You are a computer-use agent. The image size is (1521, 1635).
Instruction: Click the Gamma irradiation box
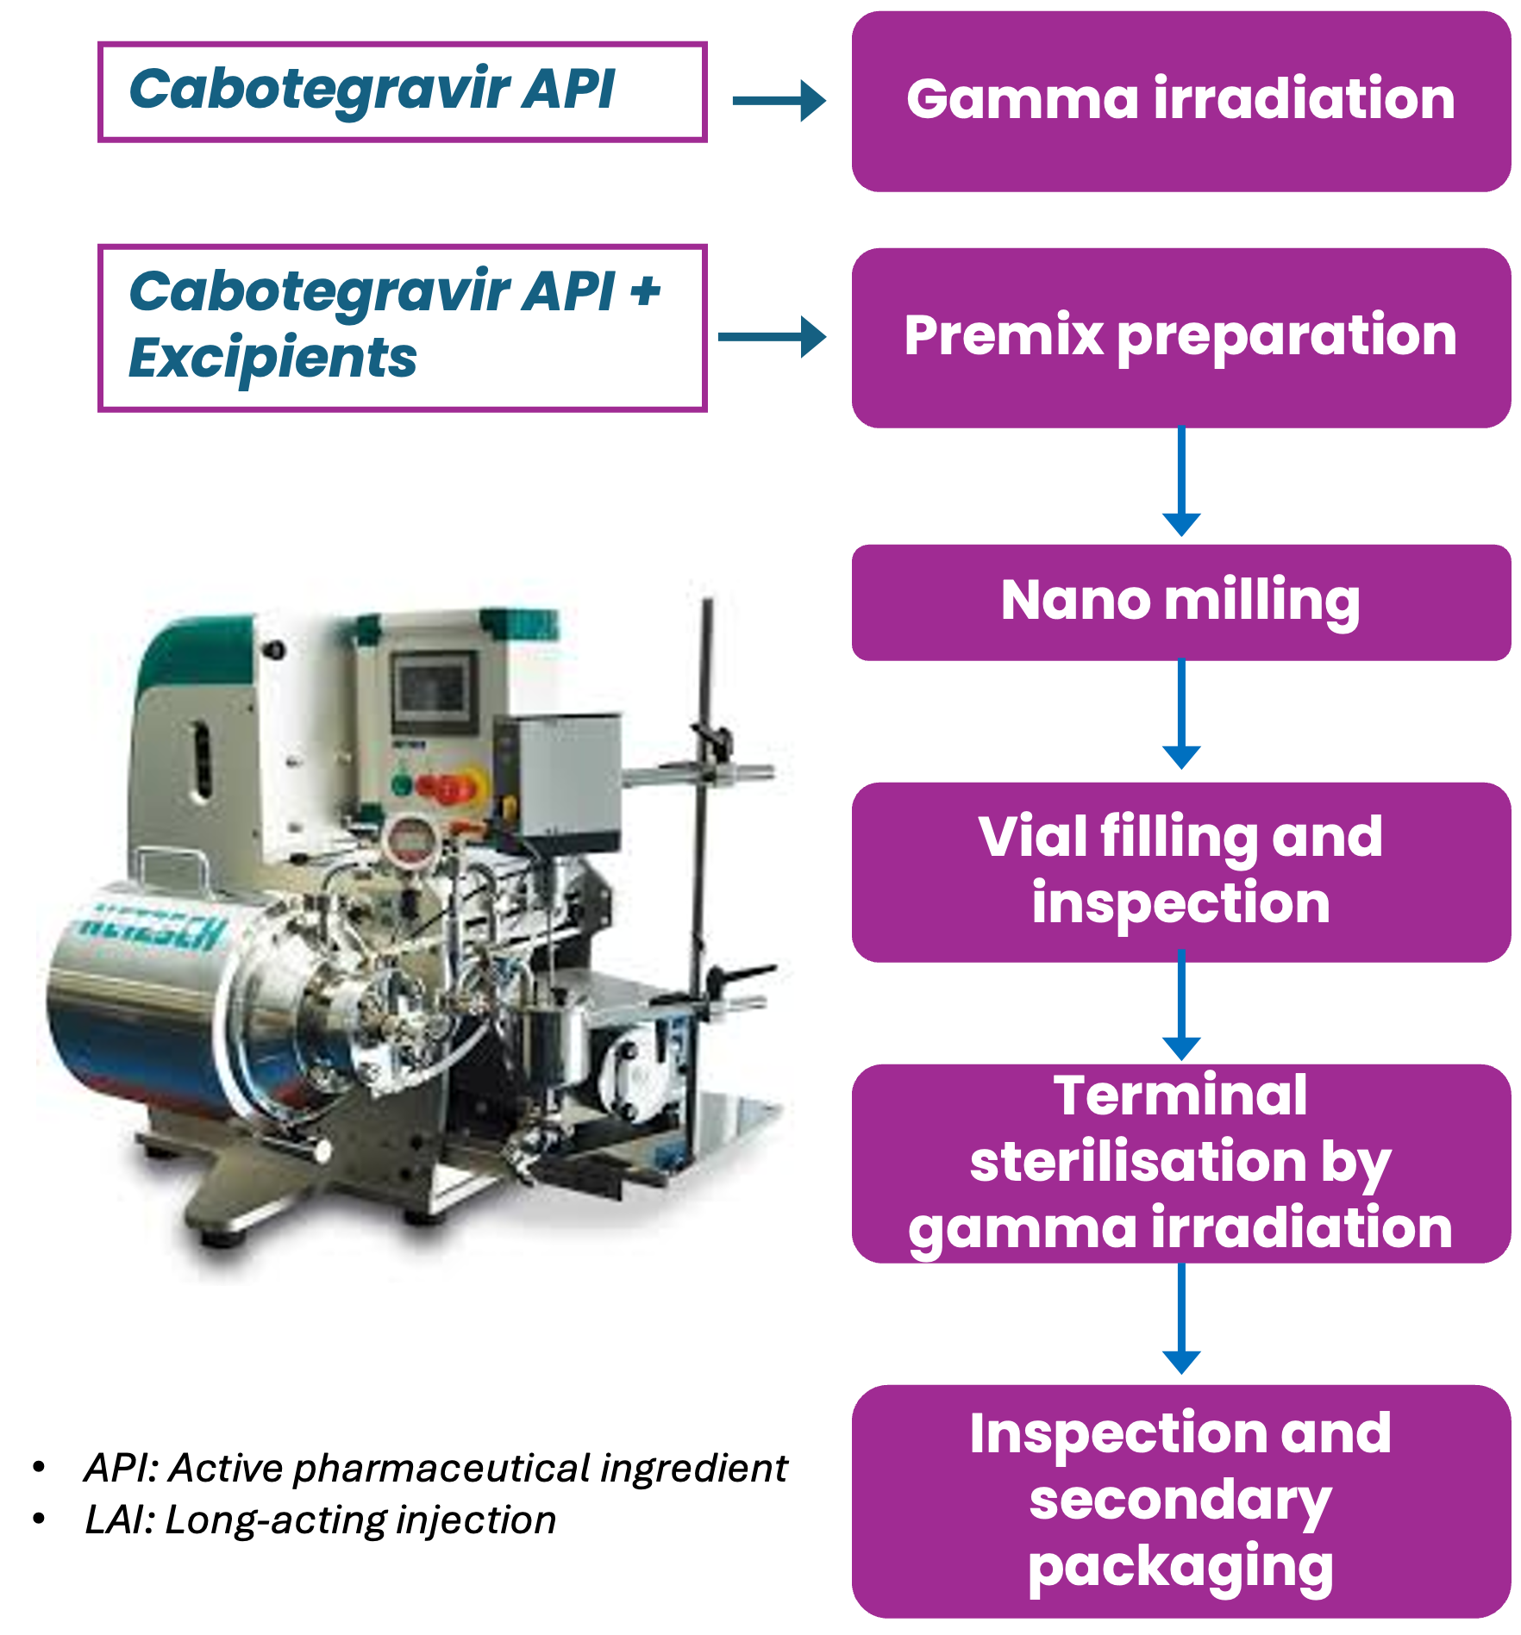click(1180, 101)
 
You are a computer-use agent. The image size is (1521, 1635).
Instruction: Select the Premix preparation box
click(1180, 338)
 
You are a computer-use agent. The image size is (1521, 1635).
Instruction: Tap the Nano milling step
click(1180, 602)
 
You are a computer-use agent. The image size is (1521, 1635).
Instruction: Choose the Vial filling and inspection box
click(1180, 871)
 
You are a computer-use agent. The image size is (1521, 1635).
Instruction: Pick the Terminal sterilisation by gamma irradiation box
click(1180, 1164)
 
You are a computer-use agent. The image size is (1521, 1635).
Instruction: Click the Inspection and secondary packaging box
click(1180, 1501)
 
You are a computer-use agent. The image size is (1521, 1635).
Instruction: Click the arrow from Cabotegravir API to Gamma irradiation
click(779, 101)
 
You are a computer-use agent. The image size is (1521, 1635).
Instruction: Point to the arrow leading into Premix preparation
click(772, 337)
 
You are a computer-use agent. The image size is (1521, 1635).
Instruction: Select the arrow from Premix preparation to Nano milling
click(1181, 481)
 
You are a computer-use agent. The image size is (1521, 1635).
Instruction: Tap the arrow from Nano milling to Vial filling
click(1181, 715)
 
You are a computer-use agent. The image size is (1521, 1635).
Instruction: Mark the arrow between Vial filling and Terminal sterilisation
click(1181, 1005)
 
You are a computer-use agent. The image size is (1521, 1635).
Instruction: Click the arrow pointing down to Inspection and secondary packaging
click(1181, 1319)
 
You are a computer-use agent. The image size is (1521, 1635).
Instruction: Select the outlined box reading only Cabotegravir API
click(403, 92)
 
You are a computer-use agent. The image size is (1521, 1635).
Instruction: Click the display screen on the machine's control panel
click(435, 690)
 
